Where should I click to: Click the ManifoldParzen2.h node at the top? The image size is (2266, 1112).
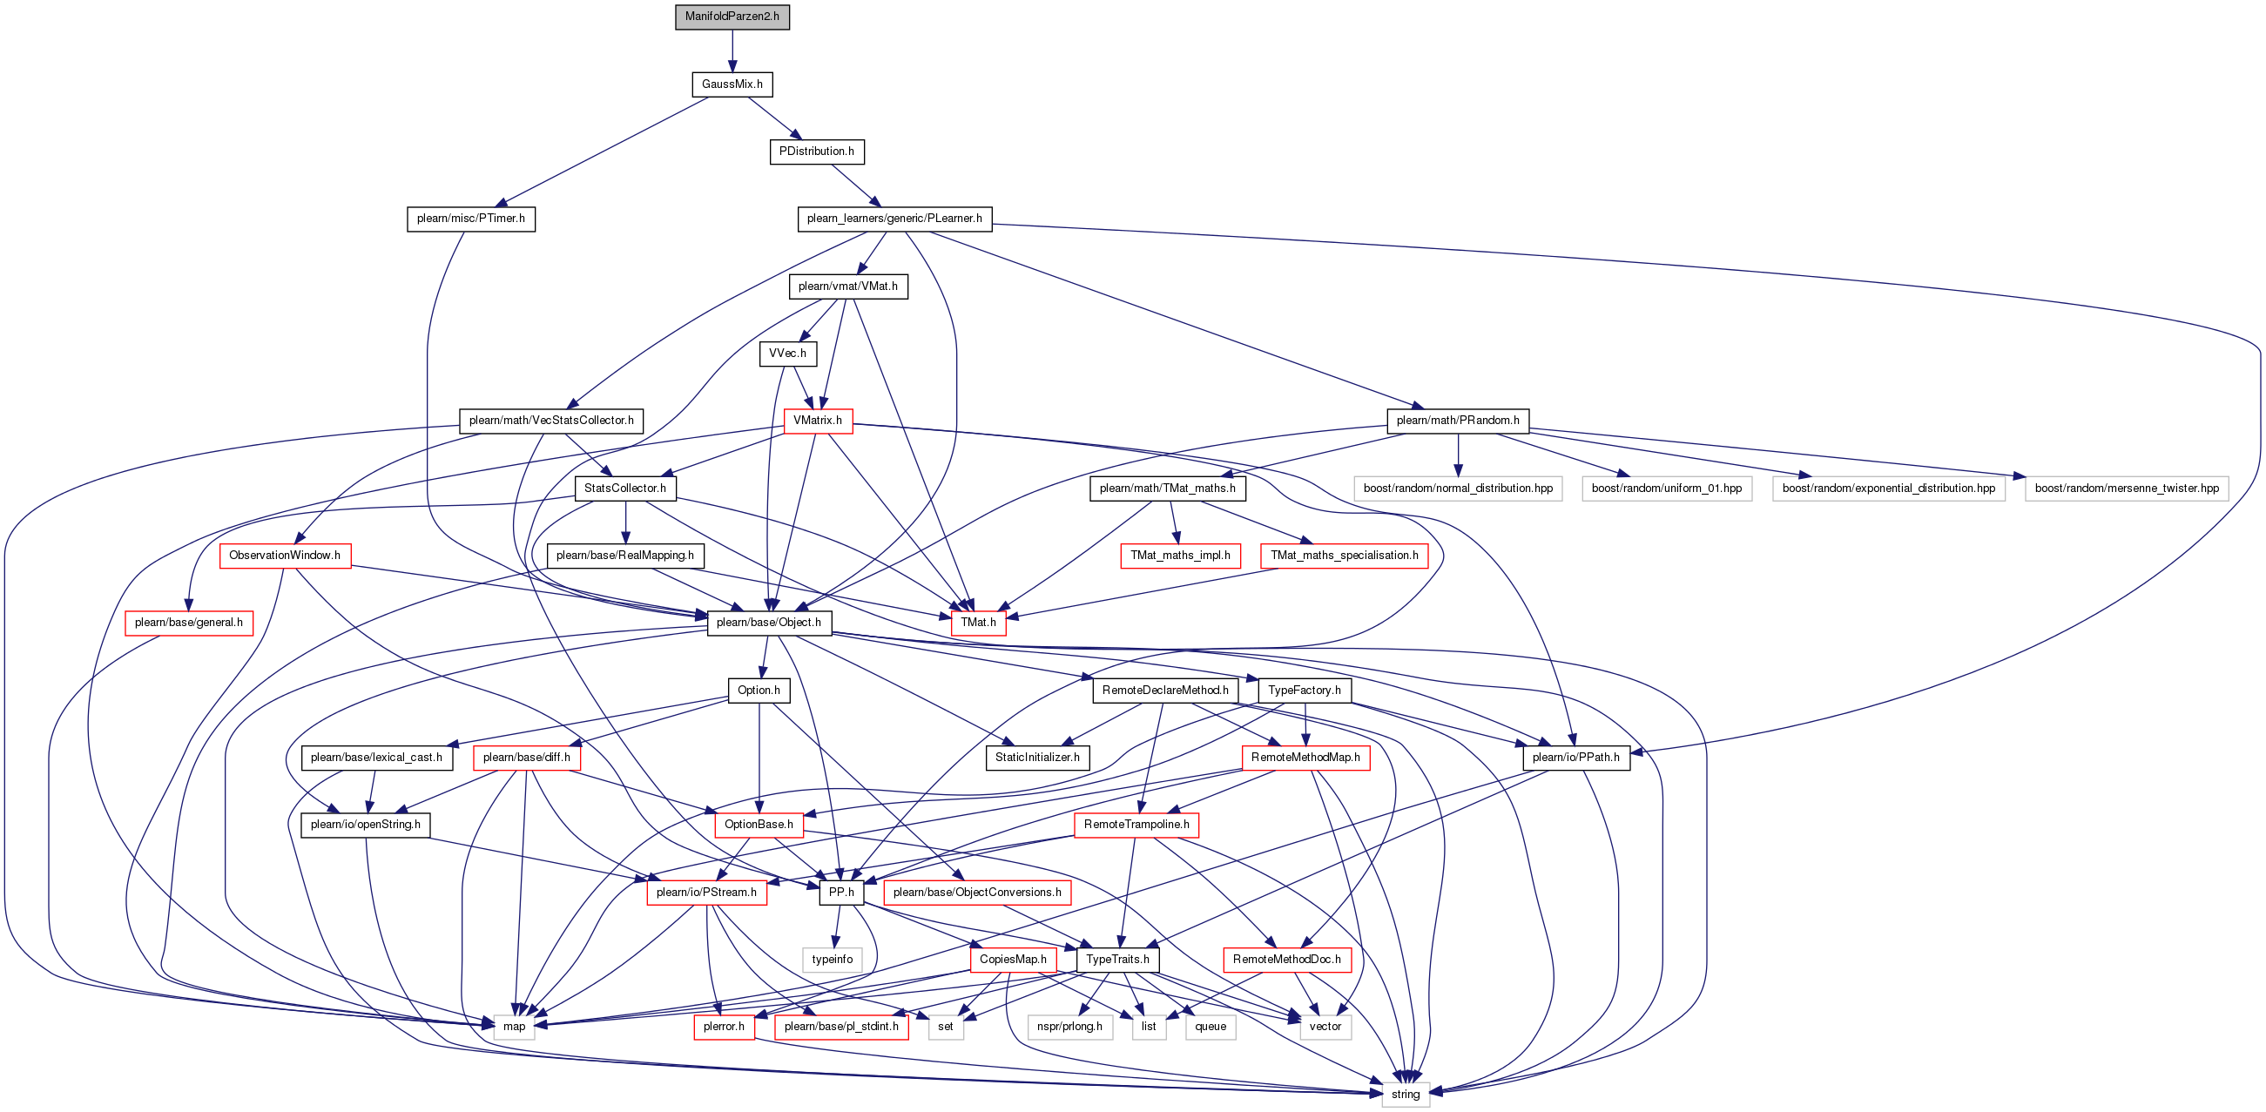(732, 17)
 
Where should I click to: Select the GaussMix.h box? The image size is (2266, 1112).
(732, 84)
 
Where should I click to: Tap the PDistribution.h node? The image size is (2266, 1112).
(816, 152)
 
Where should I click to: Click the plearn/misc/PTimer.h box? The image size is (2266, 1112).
(470, 219)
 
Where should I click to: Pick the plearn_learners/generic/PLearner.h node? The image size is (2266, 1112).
(894, 219)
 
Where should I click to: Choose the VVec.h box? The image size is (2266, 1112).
(787, 354)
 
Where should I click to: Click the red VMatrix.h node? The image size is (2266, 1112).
(817, 421)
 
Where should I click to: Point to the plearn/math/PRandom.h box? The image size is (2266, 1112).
(1458, 421)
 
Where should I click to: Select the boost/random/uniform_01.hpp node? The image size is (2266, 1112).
(1666, 489)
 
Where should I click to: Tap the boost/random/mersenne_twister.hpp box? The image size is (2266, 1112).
(2126, 489)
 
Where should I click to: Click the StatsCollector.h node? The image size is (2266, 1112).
(624, 489)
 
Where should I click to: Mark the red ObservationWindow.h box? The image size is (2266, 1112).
(284, 556)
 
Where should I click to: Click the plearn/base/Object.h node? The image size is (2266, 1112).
(769, 623)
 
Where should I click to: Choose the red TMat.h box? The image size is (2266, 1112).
(978, 623)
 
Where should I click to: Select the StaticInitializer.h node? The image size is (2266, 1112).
(1037, 758)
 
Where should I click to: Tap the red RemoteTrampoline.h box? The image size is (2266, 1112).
(1136, 826)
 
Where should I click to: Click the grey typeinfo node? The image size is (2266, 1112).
(833, 960)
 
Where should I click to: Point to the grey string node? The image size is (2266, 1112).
(1405, 1095)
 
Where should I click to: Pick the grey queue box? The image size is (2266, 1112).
(1211, 1027)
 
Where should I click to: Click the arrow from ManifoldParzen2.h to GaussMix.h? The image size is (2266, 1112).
(732, 51)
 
